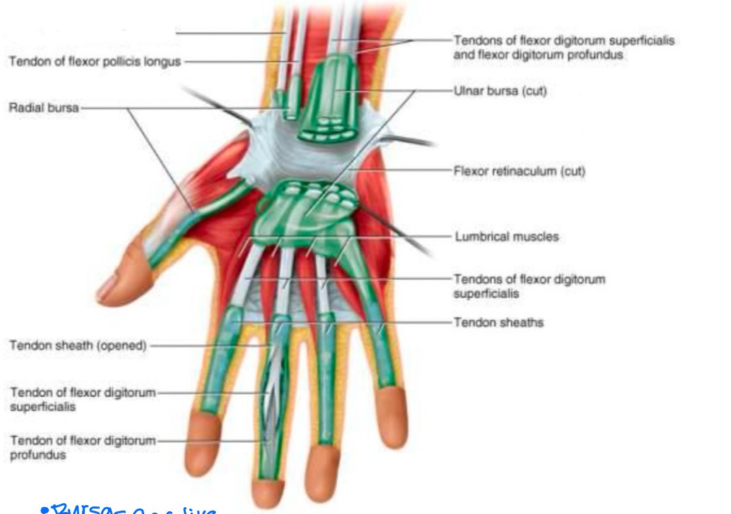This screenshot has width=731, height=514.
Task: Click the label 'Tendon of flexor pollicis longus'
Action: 94,62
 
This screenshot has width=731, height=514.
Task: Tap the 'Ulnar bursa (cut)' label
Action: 499,91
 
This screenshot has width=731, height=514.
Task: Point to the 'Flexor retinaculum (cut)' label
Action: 519,171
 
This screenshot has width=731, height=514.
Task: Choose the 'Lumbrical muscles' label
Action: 506,237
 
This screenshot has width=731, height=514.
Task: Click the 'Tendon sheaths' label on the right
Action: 499,322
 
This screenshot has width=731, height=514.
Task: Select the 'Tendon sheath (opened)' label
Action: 77,346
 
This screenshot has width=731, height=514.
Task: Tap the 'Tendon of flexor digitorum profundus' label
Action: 83,447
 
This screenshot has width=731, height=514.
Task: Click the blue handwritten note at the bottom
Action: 130,509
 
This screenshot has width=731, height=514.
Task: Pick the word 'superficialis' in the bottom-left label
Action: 42,407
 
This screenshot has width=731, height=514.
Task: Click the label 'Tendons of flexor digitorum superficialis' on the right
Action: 529,286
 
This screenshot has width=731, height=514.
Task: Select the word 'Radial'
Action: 25,108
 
